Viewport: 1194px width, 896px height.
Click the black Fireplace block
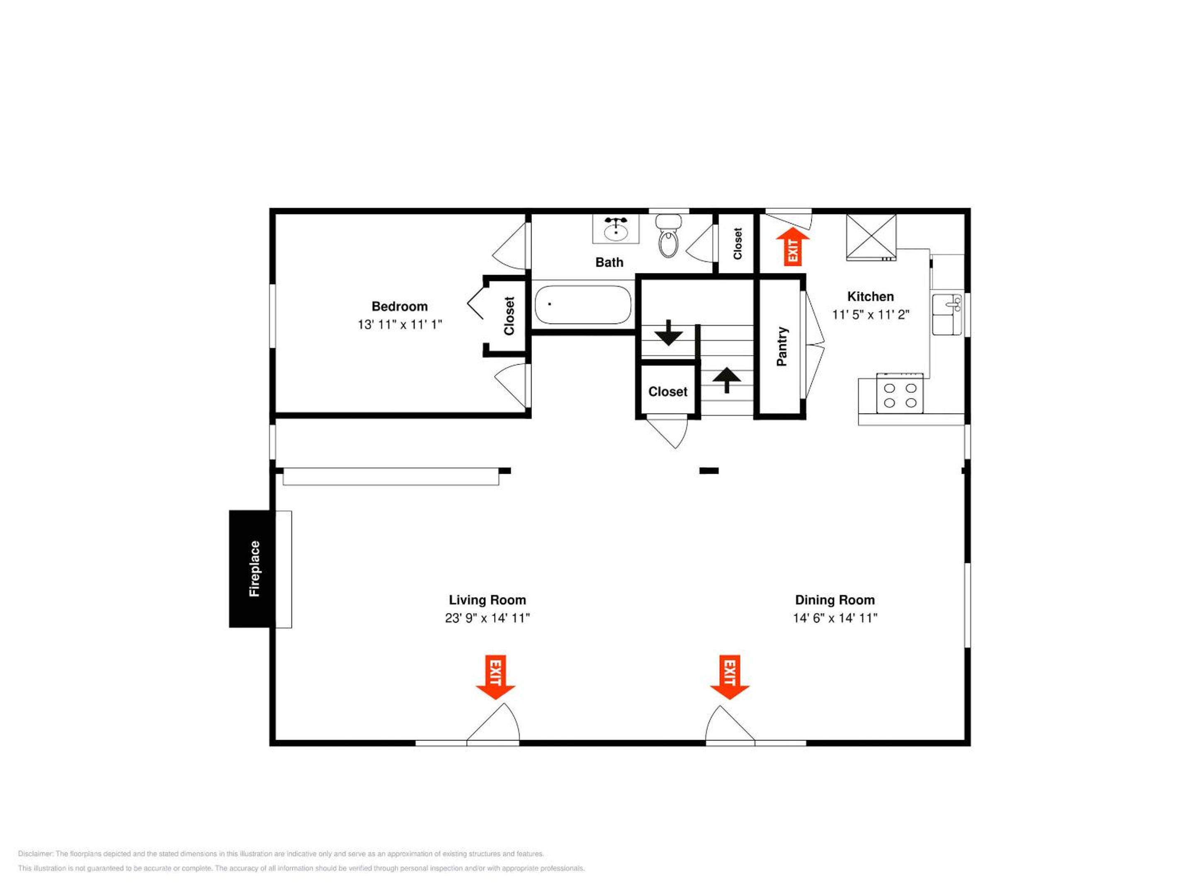252,569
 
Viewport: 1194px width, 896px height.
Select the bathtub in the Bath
582,304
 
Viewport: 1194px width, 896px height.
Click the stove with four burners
900,393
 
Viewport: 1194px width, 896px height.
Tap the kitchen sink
947,314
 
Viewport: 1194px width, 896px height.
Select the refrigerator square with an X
871,237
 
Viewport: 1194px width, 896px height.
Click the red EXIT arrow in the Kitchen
793,247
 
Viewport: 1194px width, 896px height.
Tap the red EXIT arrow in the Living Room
495,677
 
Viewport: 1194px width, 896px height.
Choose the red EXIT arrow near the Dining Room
729,677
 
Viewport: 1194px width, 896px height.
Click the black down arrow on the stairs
669,333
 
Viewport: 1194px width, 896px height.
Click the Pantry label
781,346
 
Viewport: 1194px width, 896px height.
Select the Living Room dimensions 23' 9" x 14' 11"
488,618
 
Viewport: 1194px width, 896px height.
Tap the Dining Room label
835,600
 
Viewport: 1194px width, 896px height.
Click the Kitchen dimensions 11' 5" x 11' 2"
871,314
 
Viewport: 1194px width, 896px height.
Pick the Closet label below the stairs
668,392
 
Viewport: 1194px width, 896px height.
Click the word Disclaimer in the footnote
36,854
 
